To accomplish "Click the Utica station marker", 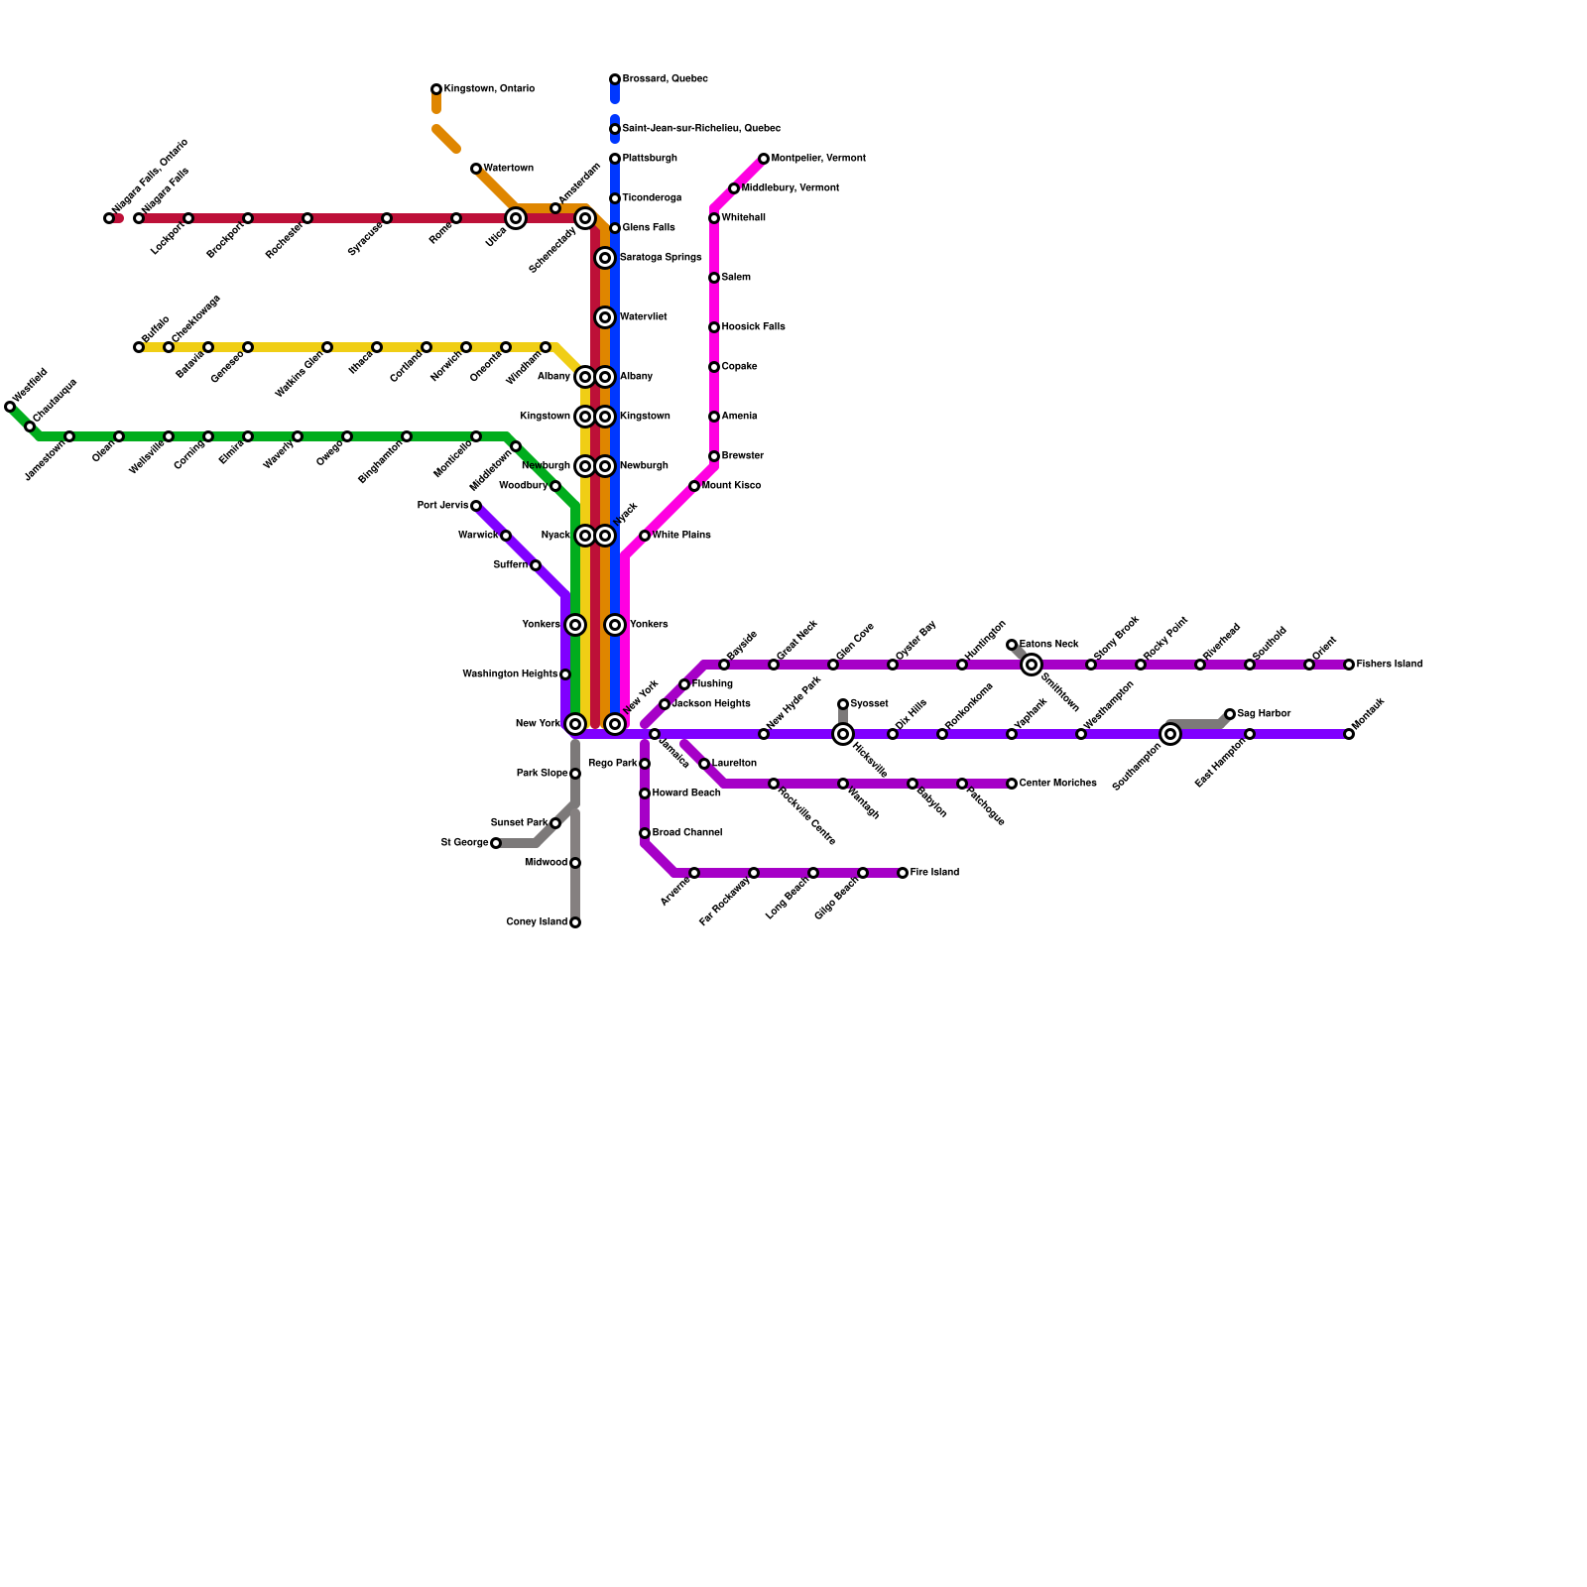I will [x=516, y=218].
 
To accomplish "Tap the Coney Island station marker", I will [x=575, y=922].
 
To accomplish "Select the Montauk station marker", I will [x=1349, y=734].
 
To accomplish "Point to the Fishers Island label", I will [x=1390, y=665].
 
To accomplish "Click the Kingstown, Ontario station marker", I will [x=436, y=89].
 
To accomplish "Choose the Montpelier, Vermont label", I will [x=818, y=159].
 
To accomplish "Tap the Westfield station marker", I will [x=10, y=407].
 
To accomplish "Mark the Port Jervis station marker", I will [x=476, y=506].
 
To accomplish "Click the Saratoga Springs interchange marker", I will [x=605, y=258].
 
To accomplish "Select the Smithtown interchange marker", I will [x=1032, y=665].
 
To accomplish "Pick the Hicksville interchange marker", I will [x=843, y=734].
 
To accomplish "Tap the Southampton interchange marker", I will [x=1170, y=734].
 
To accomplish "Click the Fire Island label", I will [x=934, y=873].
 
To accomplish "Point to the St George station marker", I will [x=496, y=843].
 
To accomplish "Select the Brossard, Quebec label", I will [x=665, y=79].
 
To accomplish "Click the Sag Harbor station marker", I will [x=1230, y=714].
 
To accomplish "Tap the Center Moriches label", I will [x=1057, y=784].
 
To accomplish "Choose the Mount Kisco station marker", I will [x=694, y=486].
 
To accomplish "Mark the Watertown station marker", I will [x=476, y=169].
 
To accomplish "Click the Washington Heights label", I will [x=510, y=674].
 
